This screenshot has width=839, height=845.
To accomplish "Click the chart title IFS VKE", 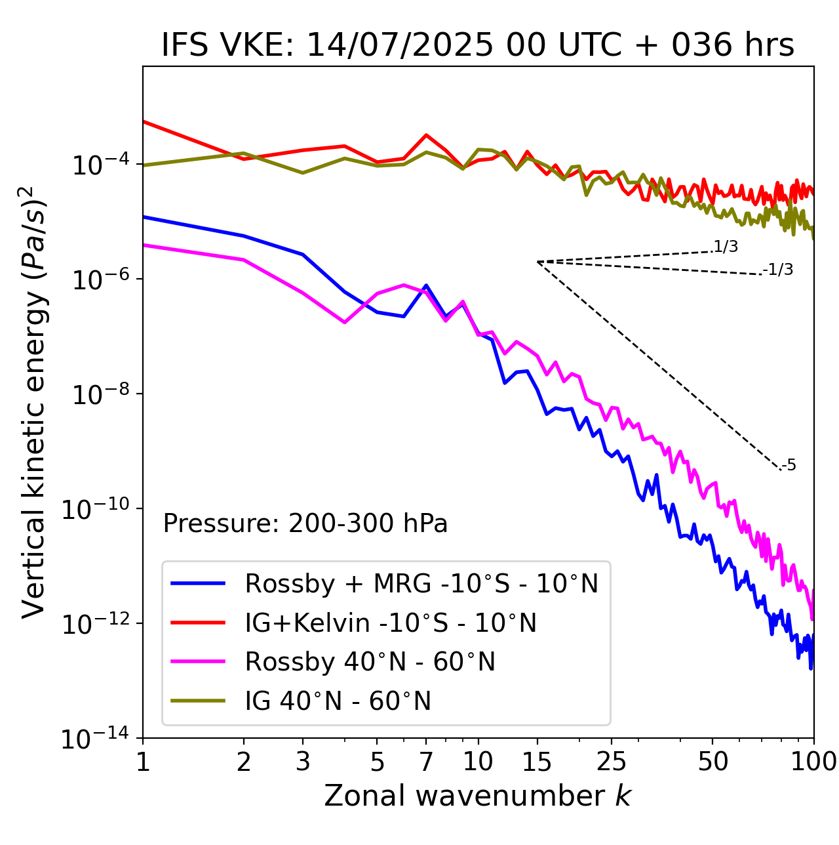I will pyautogui.click(x=478, y=46).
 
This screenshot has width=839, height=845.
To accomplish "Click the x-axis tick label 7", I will pyautogui.click(x=426, y=762).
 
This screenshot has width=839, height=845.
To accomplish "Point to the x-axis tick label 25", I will pyautogui.click(x=611, y=762).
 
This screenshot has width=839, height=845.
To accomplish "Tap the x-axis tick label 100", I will pyautogui.click(x=813, y=762).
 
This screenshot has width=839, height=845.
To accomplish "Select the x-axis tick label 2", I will pyautogui.click(x=244, y=762).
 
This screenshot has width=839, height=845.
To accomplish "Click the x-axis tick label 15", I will pyautogui.click(x=537, y=762).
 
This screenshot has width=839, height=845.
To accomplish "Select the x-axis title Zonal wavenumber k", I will pyautogui.click(x=478, y=796).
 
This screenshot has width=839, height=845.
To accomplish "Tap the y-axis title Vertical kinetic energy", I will pyautogui.click(x=34, y=402).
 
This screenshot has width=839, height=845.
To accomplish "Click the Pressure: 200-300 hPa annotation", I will pyautogui.click(x=305, y=524).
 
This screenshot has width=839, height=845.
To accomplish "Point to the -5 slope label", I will pyautogui.click(x=789, y=465).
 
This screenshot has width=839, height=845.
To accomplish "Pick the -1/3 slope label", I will pyautogui.click(x=778, y=269).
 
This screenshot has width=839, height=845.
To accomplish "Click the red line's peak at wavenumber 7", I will pyautogui.click(x=426, y=135).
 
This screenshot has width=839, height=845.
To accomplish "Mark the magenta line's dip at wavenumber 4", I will pyautogui.click(x=345, y=322).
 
